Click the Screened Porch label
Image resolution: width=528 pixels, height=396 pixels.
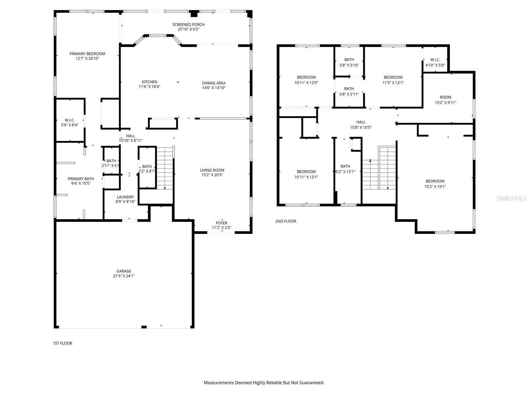coord(188,25)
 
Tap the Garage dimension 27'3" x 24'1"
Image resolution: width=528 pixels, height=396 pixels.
coord(124,276)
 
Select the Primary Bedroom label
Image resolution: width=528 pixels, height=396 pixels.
coord(87,54)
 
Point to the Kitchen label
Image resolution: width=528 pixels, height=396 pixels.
coord(149,82)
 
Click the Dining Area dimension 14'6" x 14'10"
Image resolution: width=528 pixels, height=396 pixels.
coord(214,88)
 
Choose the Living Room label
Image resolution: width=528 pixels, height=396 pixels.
coord(212,170)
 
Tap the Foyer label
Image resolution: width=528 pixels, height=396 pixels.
coord(221,223)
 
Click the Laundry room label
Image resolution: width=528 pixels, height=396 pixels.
coord(125,197)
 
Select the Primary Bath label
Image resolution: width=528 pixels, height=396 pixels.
coord(81,179)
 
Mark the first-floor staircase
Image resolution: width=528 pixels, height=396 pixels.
coord(165,168)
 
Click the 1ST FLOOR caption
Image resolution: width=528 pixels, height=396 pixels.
coord(62,343)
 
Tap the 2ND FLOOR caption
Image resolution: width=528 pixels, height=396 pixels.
coord(286,221)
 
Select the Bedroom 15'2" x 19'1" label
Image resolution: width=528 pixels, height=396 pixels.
coord(435,181)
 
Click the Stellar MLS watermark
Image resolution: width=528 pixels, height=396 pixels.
coord(512,198)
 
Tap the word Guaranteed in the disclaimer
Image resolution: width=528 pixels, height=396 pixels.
coord(311,383)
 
